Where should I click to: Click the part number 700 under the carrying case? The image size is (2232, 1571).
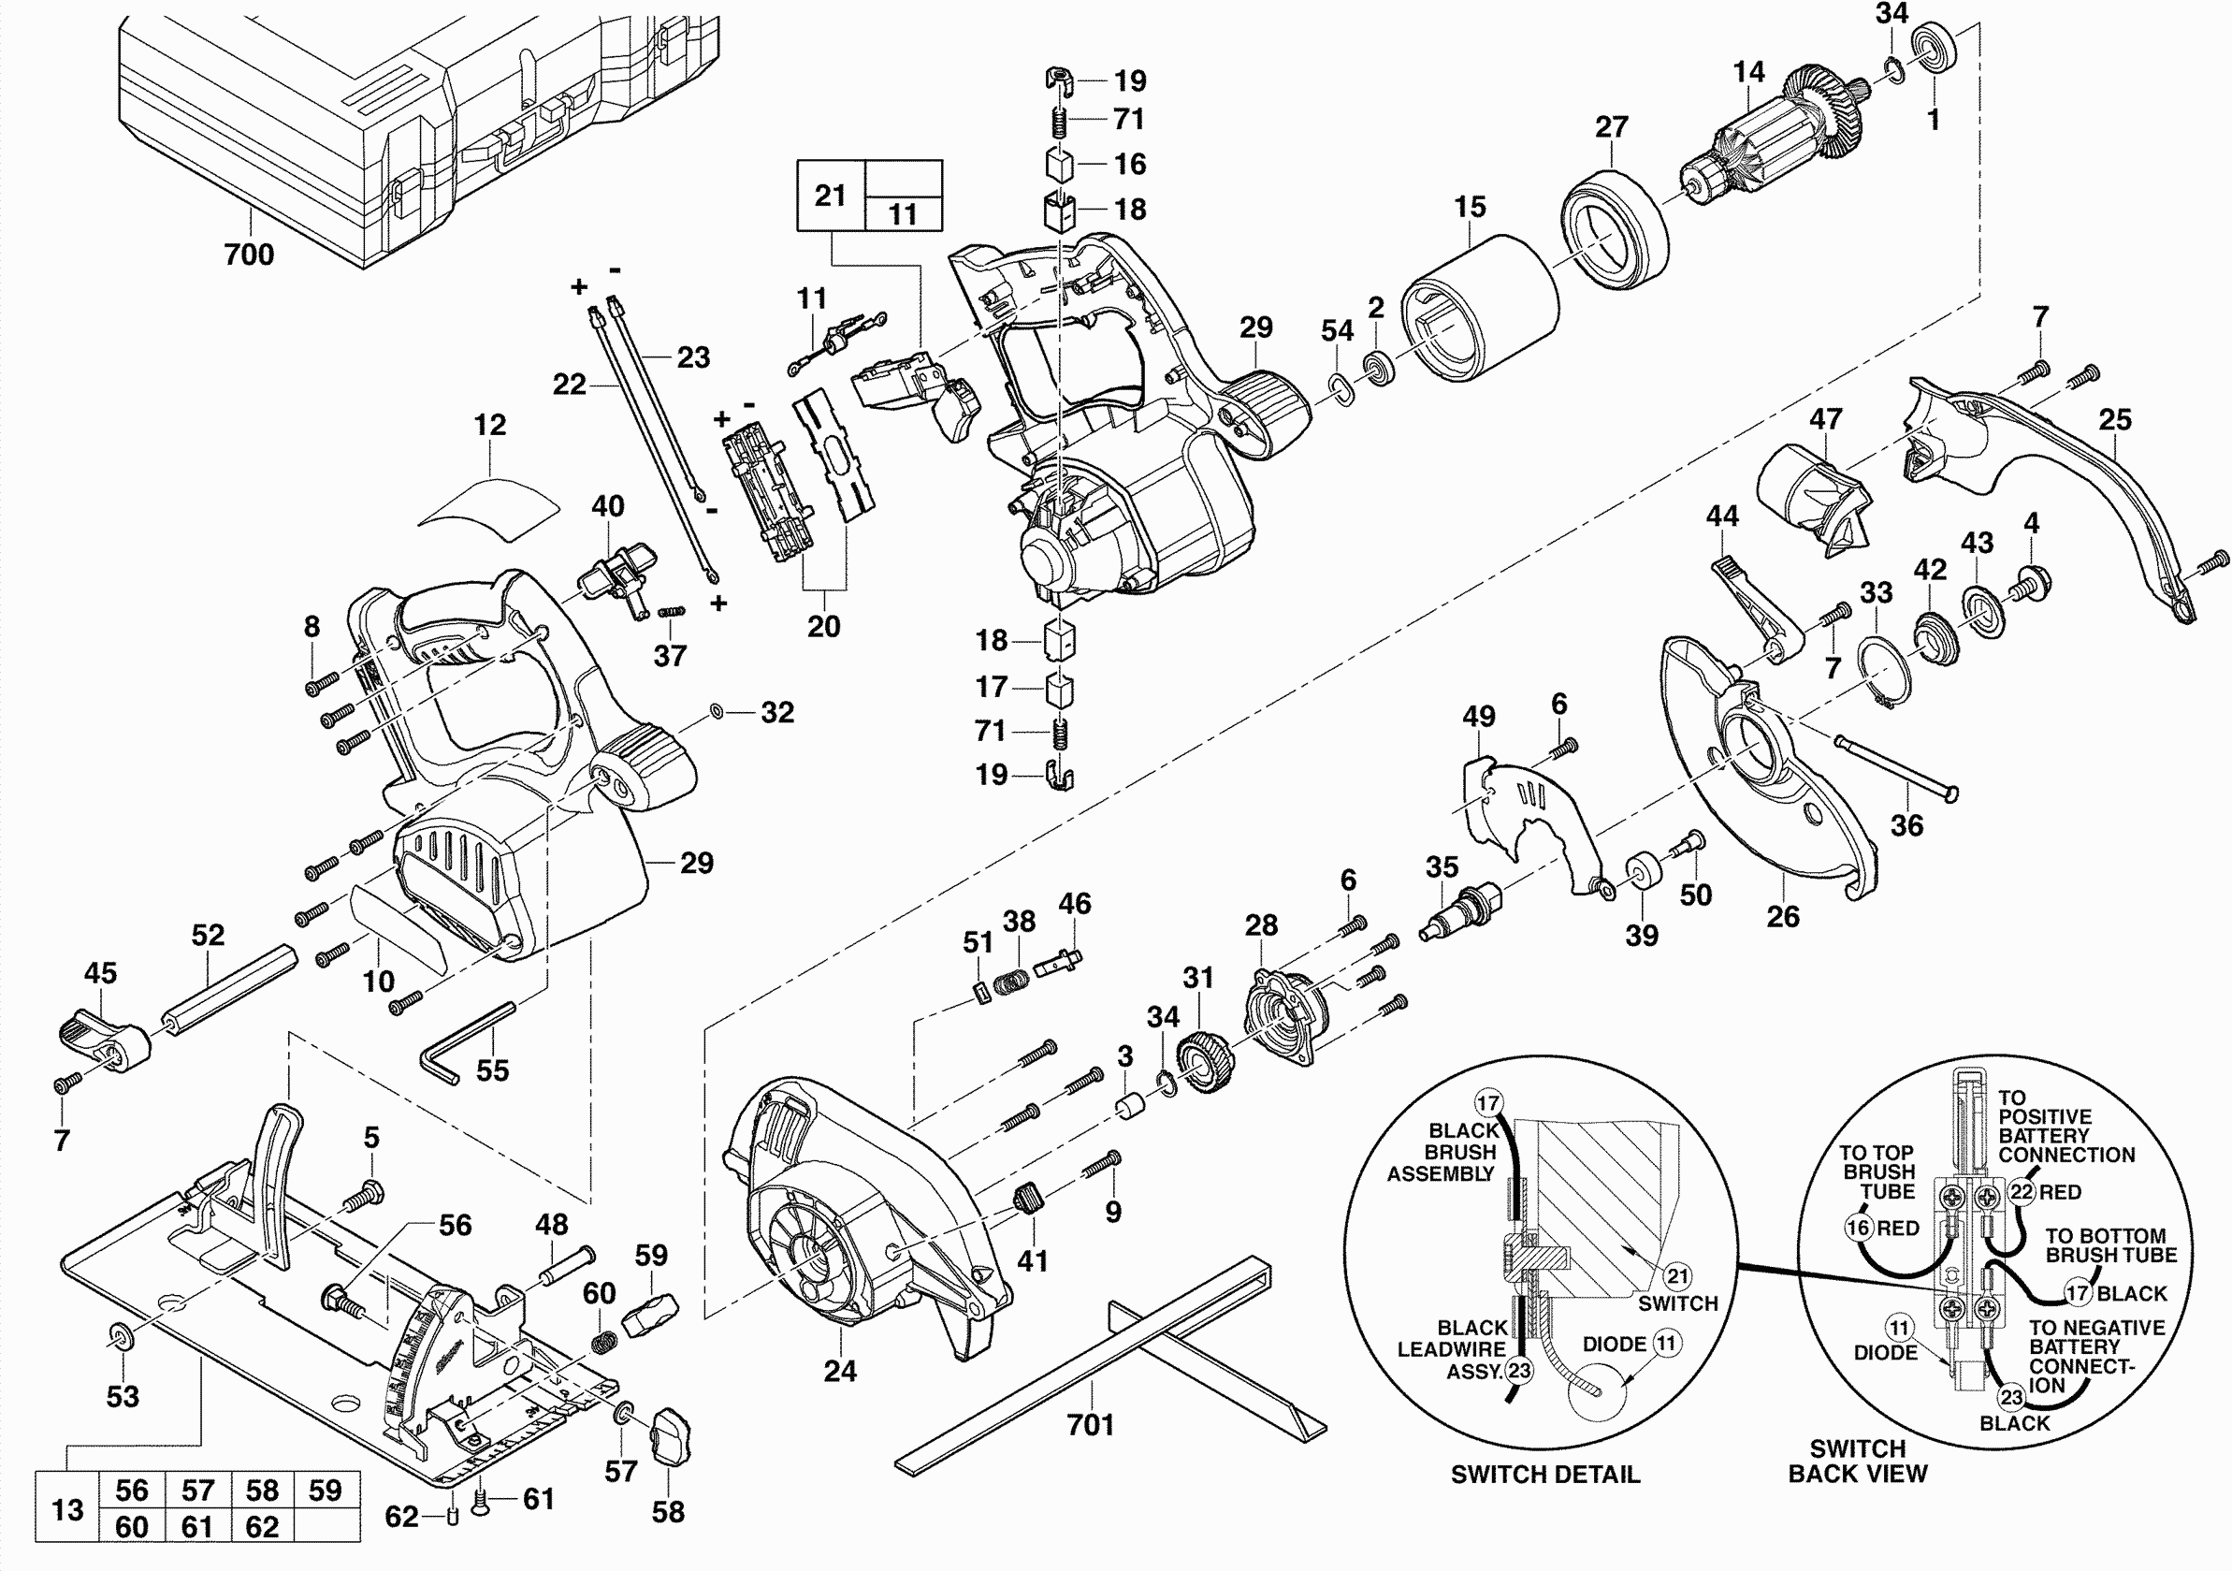[x=249, y=255]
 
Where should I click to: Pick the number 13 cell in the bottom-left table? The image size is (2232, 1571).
[x=67, y=1510]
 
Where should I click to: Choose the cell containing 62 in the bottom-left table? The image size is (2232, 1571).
[x=263, y=1527]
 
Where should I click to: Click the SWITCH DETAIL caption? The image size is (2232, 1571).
[x=1544, y=1475]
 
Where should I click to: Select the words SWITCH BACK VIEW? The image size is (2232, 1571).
[x=1857, y=1462]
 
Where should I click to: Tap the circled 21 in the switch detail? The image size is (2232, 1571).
[x=1678, y=1275]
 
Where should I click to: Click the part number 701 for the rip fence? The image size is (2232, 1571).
[x=1090, y=1425]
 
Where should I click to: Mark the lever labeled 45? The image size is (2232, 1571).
[x=102, y=1040]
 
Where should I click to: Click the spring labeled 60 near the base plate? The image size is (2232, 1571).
[x=604, y=1342]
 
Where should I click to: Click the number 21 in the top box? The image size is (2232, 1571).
[x=830, y=196]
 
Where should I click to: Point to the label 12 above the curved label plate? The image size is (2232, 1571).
[x=490, y=425]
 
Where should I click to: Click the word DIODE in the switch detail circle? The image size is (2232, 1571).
[x=1614, y=1345]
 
